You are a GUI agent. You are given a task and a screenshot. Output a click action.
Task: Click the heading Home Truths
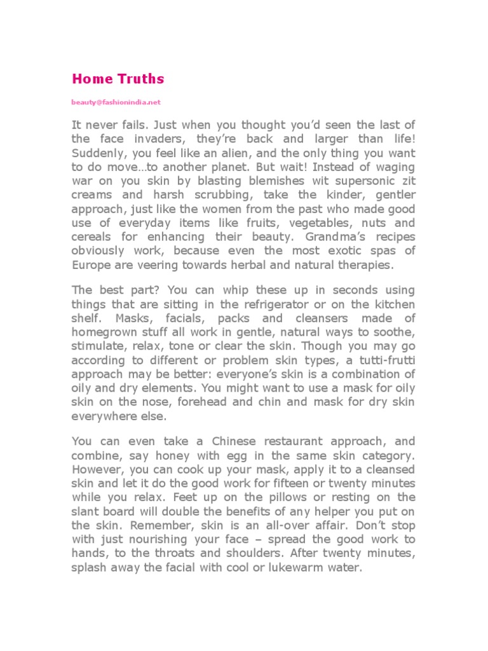pos(118,79)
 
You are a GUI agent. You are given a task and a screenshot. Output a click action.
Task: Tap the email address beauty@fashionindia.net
pos(116,102)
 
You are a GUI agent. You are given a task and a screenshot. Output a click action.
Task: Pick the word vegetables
pos(322,223)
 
